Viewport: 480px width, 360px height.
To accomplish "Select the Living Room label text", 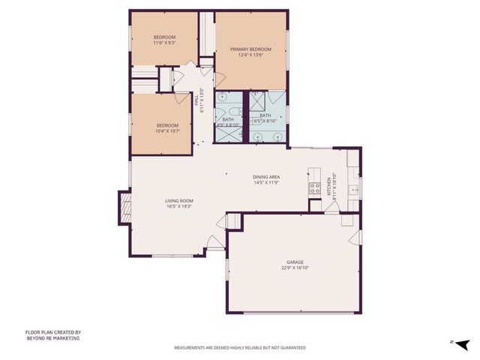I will [179, 201].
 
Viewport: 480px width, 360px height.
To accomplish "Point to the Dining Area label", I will [265, 177].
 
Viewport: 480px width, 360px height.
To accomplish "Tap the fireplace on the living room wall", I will [124, 207].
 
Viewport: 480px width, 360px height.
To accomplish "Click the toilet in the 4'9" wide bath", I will [223, 98].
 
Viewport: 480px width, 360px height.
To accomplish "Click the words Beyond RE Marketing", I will [52, 338].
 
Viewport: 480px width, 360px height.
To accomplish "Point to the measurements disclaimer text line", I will [239, 348].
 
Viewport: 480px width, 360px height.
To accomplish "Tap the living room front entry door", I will [214, 241].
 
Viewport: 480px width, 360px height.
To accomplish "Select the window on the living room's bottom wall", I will [168, 256].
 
